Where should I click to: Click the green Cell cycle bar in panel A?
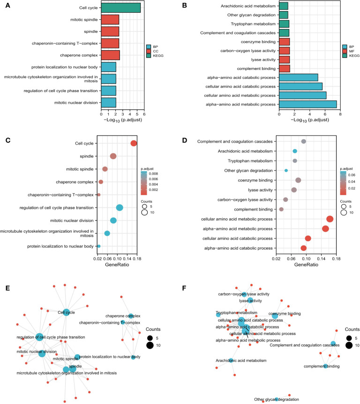pos(120,8)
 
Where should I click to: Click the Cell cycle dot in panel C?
pos(134,143)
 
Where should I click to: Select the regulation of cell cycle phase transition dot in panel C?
pos(120,208)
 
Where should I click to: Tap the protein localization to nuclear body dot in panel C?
pos(98,246)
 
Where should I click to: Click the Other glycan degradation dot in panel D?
pos(286,170)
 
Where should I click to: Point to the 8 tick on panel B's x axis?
pos(340,113)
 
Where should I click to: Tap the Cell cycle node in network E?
pos(66,312)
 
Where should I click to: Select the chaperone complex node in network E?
pos(131,316)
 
